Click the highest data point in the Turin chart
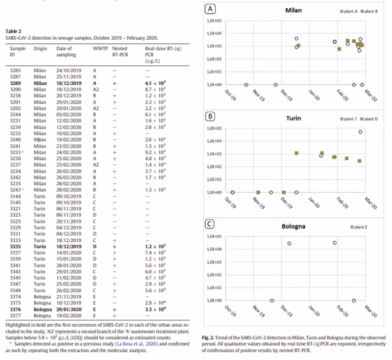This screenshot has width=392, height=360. (x=361, y=131)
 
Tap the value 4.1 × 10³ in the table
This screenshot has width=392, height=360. (x=156, y=83)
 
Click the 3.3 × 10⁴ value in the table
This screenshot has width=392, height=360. (x=156, y=310)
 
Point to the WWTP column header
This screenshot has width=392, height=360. (x=100, y=49)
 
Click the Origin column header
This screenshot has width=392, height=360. (x=40, y=49)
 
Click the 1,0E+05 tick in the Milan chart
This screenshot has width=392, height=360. (x=215, y=21)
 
